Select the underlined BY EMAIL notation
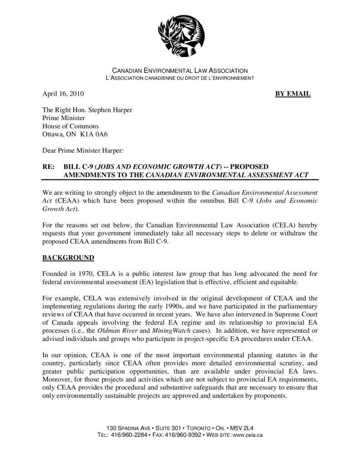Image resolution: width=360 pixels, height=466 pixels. (293, 94)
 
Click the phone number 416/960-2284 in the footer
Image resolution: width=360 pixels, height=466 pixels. (129, 436)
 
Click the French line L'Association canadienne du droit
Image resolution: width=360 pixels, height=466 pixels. (180, 78)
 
